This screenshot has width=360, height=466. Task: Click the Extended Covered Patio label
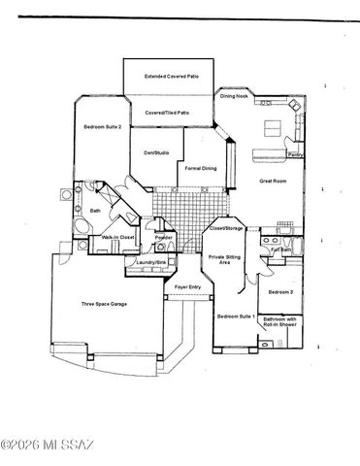pyautogui.click(x=168, y=75)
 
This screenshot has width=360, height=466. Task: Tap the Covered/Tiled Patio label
pyautogui.click(x=167, y=113)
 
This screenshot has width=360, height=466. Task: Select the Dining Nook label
pyautogui.click(x=234, y=96)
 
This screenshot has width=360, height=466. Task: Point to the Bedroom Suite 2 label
pyautogui.click(x=102, y=126)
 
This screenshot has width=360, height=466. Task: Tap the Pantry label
pyautogui.click(x=294, y=153)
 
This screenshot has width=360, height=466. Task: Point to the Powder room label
pyautogui.click(x=163, y=237)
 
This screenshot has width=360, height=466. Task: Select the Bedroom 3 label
pyautogui.click(x=281, y=291)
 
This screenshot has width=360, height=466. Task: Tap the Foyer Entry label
pyautogui.click(x=188, y=288)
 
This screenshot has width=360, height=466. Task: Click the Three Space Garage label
pyautogui.click(x=104, y=304)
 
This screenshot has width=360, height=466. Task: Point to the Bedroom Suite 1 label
pyautogui.click(x=236, y=317)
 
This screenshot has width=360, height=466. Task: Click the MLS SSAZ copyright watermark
pyautogui.click(x=49, y=446)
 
